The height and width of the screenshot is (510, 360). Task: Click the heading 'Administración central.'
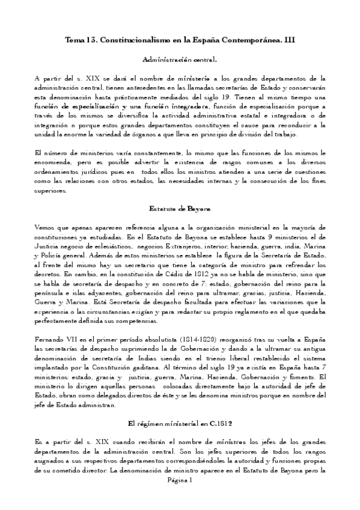tap(180, 60)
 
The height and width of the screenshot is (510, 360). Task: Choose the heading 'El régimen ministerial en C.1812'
tap(180, 422)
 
